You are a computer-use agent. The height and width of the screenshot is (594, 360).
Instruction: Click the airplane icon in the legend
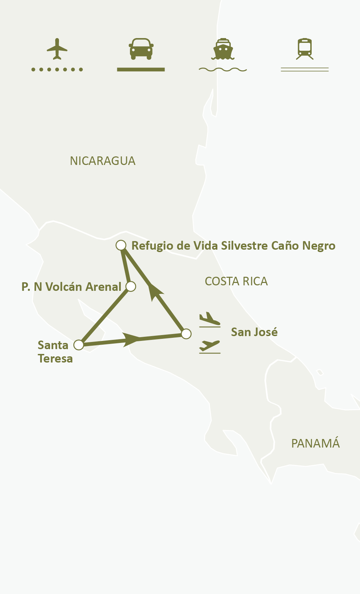(x=57, y=49)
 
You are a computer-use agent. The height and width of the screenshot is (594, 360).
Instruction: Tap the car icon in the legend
(x=141, y=49)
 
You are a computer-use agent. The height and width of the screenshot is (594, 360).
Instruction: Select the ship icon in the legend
(x=223, y=49)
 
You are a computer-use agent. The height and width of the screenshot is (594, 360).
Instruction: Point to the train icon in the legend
(x=305, y=49)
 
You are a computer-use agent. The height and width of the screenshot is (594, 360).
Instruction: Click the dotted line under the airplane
(x=57, y=70)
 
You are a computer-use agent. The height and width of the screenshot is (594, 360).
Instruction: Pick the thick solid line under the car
(x=141, y=70)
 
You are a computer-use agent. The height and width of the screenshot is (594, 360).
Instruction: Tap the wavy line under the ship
(x=223, y=70)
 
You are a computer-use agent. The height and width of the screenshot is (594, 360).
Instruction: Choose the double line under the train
(x=305, y=70)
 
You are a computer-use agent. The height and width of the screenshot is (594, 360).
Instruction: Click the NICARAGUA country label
(x=103, y=161)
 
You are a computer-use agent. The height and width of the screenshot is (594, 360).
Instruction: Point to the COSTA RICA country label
(x=236, y=282)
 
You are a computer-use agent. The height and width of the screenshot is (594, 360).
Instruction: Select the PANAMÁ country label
(x=315, y=444)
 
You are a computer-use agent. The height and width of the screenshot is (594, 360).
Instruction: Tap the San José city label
(x=254, y=332)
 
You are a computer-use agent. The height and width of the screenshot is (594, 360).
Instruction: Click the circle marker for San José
(x=186, y=334)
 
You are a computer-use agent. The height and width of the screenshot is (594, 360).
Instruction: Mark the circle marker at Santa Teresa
(x=79, y=345)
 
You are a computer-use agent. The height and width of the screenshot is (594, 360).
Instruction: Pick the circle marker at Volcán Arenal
(x=131, y=286)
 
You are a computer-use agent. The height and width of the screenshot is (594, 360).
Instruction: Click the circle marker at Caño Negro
(x=121, y=245)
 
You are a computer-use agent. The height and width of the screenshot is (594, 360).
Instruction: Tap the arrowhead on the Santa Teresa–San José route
(x=131, y=339)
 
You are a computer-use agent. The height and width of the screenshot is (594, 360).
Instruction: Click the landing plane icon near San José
(x=209, y=319)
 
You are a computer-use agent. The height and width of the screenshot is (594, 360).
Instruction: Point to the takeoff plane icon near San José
(x=209, y=346)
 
